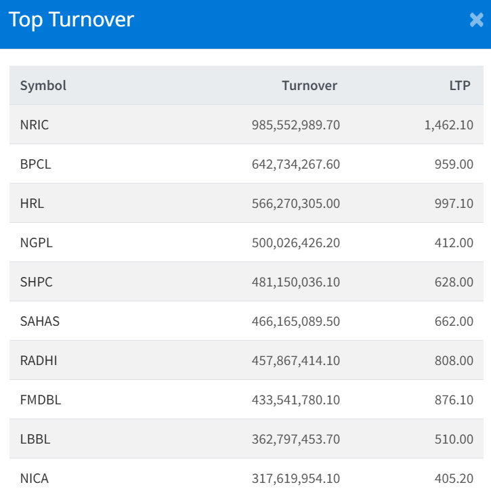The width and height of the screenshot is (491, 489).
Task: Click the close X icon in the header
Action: click(x=476, y=20)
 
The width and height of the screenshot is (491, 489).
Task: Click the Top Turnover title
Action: click(x=71, y=20)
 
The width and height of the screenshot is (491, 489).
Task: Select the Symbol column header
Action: click(x=43, y=85)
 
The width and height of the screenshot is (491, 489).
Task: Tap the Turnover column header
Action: click(x=309, y=85)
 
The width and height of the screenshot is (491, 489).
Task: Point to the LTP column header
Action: click(x=460, y=85)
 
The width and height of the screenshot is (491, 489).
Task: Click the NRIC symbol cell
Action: click(x=35, y=125)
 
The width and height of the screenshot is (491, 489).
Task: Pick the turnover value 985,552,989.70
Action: click(x=295, y=125)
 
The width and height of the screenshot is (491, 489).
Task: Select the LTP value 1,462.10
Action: click(x=449, y=125)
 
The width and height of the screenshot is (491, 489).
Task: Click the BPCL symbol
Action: click(x=35, y=164)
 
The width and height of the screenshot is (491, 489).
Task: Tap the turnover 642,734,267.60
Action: click(x=295, y=164)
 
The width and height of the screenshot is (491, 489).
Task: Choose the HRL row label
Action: click(x=32, y=203)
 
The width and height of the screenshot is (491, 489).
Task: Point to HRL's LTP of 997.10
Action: click(x=454, y=203)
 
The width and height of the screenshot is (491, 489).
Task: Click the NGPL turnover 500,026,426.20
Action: click(x=295, y=242)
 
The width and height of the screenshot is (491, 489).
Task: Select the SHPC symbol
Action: click(x=36, y=282)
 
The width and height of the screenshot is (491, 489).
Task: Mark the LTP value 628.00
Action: click(x=454, y=282)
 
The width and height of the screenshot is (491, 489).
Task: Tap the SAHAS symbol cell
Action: click(x=40, y=321)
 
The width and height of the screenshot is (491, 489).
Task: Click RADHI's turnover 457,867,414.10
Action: click(x=295, y=360)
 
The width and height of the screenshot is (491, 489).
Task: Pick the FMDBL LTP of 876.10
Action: click(x=454, y=400)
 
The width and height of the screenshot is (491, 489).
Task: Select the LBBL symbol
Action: click(x=35, y=439)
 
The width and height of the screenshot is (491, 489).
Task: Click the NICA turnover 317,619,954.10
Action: click(x=295, y=478)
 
